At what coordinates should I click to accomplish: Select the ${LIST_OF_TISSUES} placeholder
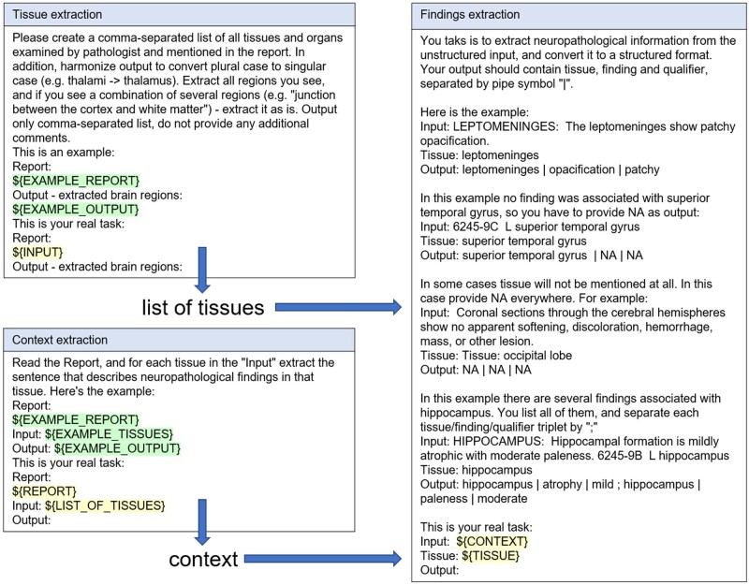[x=106, y=505]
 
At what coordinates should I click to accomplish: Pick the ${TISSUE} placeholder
[x=490, y=555]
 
